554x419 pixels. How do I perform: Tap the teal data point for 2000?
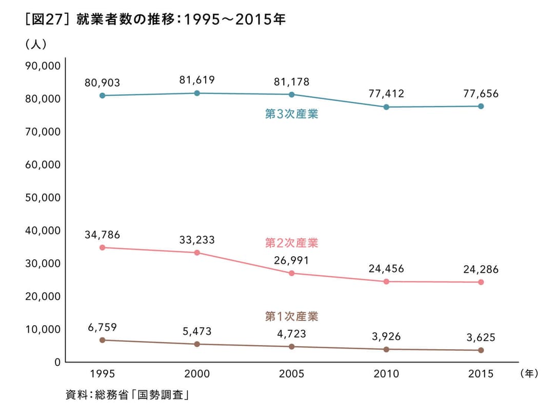(197, 93)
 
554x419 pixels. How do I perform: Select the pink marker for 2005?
(291, 273)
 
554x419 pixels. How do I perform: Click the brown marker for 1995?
(103, 340)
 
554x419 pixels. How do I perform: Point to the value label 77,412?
(386, 93)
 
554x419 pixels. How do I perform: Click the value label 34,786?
(103, 235)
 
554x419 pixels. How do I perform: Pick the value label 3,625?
(481, 337)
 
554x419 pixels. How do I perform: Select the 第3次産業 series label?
(291, 114)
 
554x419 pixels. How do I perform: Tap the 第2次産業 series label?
(291, 242)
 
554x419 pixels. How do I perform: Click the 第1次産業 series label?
(291, 316)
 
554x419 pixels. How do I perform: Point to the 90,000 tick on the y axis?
(43, 66)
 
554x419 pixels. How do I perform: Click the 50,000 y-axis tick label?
(43, 198)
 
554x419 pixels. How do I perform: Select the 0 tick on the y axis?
(57, 362)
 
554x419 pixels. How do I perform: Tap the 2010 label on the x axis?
(386, 374)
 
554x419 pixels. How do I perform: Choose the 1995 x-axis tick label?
(103, 374)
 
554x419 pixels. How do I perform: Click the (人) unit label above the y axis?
(36, 45)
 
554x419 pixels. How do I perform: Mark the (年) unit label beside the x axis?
(528, 373)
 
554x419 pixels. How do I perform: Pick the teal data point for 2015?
(481, 106)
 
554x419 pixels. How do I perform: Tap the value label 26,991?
(291, 260)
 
